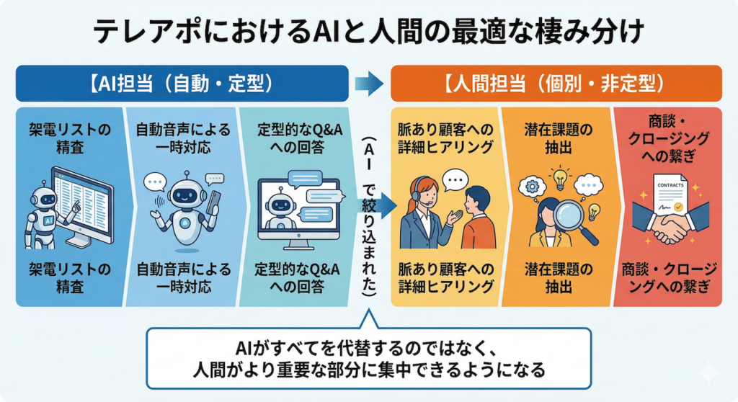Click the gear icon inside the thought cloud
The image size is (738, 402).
pos(533,187)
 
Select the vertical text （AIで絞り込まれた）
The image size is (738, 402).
pos(368,216)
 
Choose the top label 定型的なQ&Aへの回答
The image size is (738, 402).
pos(298,139)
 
